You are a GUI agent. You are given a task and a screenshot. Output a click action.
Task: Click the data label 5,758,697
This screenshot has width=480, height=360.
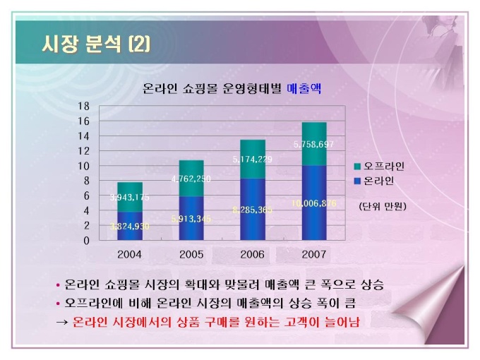coord(314,145)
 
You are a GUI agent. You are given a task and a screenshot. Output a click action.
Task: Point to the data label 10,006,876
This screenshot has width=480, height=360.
coord(314,203)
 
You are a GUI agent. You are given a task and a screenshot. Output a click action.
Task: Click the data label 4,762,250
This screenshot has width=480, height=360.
coord(191,179)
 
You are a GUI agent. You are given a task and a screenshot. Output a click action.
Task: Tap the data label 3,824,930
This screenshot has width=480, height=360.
coord(130,226)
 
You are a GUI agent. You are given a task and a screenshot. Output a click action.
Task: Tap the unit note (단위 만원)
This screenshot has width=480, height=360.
coord(382,206)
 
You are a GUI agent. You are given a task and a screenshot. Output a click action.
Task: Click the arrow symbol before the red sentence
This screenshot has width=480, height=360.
coord(61,322)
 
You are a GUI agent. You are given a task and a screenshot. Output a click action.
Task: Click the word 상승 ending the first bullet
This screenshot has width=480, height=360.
coord(378,285)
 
